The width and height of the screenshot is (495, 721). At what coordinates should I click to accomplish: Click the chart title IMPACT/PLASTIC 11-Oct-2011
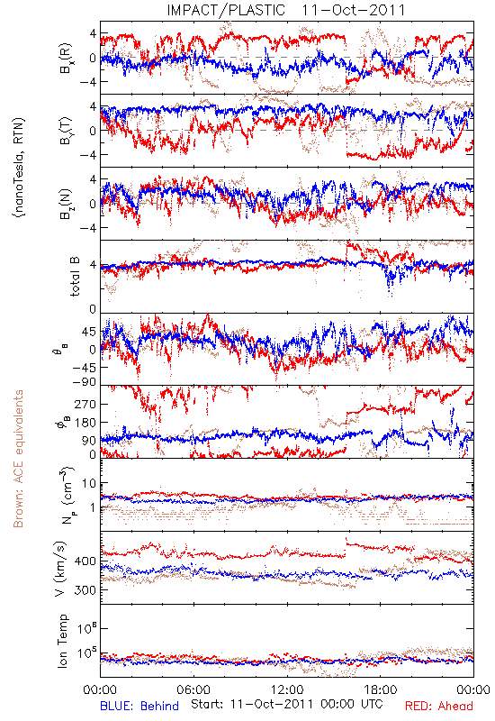286,10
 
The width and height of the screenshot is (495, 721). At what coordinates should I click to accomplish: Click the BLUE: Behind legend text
139,706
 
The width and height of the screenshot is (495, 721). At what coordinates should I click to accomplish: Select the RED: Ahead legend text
439,706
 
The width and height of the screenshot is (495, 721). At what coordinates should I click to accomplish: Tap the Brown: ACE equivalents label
18,459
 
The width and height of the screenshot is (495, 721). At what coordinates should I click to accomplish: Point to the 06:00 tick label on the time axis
193,689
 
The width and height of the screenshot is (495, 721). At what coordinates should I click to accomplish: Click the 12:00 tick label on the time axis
287,689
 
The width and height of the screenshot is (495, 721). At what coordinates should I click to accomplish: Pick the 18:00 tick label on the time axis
381,689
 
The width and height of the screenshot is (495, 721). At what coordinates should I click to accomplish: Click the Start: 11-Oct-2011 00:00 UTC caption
287,704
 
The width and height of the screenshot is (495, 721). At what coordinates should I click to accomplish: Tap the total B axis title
75,277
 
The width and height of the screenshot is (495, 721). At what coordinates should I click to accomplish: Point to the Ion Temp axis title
62,641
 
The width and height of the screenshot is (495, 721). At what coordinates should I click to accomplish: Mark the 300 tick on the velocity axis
85,590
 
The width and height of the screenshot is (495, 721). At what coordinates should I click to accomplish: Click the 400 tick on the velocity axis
85,561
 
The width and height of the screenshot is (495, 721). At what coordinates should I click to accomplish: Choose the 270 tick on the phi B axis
85,404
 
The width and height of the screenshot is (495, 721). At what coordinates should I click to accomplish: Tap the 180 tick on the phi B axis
85,422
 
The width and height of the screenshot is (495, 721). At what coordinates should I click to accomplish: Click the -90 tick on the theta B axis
84,382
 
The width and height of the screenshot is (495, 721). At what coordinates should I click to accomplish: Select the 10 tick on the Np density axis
89,484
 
